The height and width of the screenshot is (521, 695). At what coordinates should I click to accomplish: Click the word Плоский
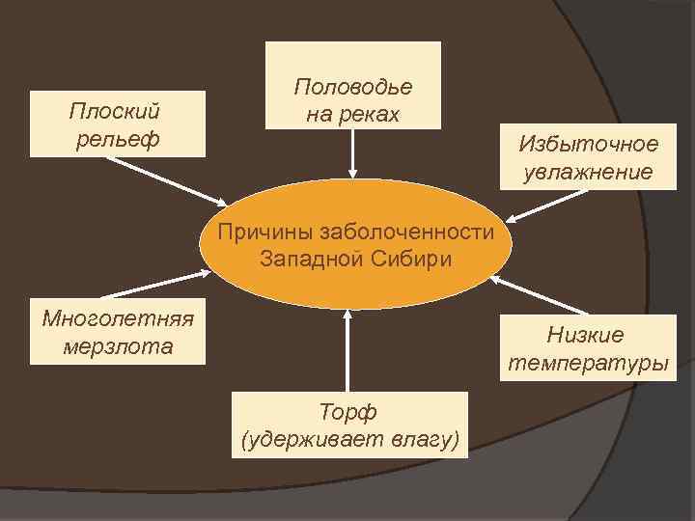pos(114,110)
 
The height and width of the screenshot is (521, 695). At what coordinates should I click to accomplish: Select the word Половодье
pos(352,86)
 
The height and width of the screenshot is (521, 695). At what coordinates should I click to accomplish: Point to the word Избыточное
pos(588,144)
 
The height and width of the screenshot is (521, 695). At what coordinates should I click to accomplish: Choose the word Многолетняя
pos(118,319)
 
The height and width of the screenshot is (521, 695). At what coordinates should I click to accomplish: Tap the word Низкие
pos(586,335)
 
